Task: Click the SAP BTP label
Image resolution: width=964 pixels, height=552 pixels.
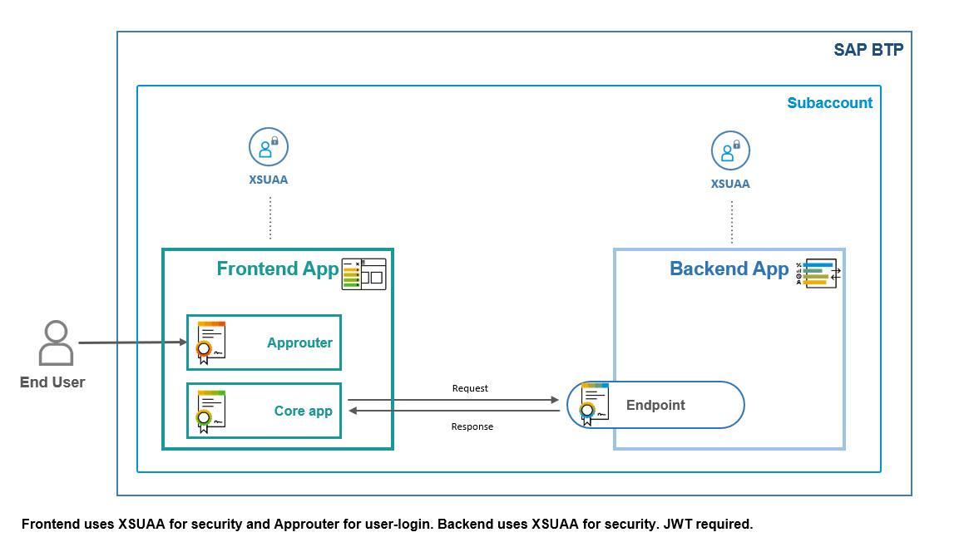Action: pos(868,50)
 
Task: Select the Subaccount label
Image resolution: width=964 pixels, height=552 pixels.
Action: pos(829,103)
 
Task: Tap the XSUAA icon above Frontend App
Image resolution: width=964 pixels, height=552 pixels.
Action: pos(268,148)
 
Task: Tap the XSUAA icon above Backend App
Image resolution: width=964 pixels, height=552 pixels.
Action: pos(730,150)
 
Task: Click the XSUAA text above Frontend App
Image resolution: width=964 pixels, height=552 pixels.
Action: pos(268,180)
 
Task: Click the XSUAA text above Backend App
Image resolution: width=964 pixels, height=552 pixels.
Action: pos(730,184)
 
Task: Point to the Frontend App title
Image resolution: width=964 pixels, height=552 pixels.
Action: pos(278,269)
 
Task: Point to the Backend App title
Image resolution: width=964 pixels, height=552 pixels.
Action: pos(729,269)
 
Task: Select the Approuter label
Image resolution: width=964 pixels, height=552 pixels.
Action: pos(299,343)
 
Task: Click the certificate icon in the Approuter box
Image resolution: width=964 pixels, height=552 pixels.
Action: pos(210,342)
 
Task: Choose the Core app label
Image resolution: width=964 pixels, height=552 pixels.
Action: pos(303,411)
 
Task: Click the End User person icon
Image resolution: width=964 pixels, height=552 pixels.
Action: pos(56,343)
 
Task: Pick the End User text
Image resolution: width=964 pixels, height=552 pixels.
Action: pos(52,382)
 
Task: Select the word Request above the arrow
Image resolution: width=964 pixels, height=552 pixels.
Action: pos(470,388)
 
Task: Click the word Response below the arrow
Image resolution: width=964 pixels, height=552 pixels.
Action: pos(472,426)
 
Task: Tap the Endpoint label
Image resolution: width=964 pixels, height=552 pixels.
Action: pos(655,405)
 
